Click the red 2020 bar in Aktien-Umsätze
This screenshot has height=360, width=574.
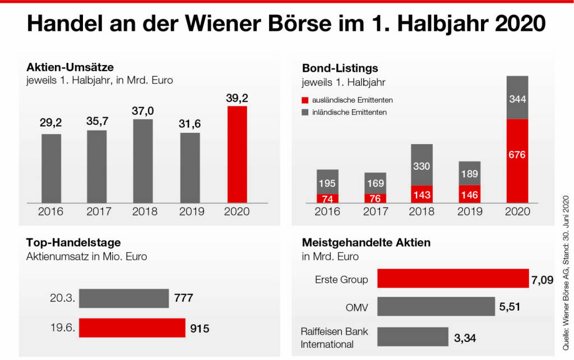point(237,154)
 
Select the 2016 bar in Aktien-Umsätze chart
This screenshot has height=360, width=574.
point(52,168)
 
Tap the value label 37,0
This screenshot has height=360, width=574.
point(143,111)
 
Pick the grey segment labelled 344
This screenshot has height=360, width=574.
point(517,98)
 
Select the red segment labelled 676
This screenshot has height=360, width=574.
point(517,160)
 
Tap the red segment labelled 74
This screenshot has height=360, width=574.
point(327,199)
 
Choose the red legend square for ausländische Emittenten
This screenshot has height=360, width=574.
point(305,100)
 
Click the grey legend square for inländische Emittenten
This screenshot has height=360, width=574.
point(305,112)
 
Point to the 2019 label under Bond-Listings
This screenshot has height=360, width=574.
point(470,211)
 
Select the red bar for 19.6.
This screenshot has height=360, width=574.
point(132,328)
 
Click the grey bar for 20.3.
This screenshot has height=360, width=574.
point(123,298)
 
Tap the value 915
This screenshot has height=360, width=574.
point(199,329)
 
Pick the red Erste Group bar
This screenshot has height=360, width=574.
point(453,279)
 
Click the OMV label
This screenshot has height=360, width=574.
point(358,306)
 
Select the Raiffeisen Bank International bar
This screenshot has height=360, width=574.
point(413,336)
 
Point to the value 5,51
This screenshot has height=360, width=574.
point(510,307)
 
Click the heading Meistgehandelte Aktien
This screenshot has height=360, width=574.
point(366,243)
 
